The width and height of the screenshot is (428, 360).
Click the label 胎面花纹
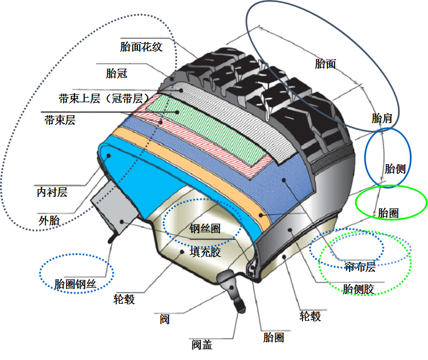coord(141,47)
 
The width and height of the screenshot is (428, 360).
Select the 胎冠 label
coord(116,73)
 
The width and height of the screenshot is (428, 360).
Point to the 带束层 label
coord(60,120)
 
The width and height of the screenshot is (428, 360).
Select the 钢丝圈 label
coord(205,229)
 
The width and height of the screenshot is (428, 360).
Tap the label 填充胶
coord(205,252)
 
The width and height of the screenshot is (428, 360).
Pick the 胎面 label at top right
coord(325,64)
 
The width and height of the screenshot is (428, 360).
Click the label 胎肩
coord(382,119)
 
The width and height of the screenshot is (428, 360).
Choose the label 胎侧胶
coord(359,289)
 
